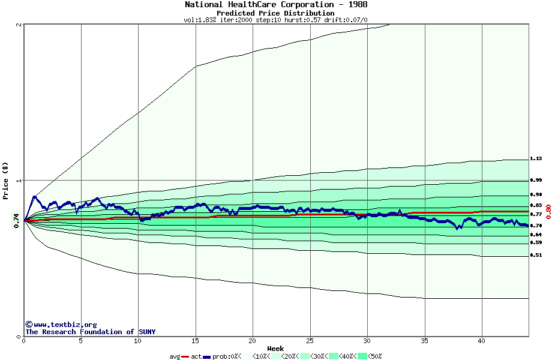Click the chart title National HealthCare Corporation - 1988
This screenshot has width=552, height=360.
coord(276,4)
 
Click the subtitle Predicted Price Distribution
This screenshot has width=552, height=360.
coord(275,13)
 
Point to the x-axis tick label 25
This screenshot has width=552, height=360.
coord(310,340)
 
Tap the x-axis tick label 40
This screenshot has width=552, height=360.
coord(481,340)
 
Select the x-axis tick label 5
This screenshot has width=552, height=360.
coord(81,340)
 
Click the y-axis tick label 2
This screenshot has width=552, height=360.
coord(19,25)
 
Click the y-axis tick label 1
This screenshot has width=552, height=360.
coord(19,181)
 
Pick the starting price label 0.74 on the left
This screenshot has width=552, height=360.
coord(16,221)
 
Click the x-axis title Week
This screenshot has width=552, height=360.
coord(275,348)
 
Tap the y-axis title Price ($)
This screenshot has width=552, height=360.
coord(6,181)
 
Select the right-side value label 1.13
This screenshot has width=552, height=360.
coord(536,159)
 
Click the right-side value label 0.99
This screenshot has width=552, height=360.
coord(536,180)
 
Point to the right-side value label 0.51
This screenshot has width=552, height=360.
coord(536,255)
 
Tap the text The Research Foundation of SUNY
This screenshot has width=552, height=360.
coord(90,332)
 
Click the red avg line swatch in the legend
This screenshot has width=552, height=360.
coord(185,356)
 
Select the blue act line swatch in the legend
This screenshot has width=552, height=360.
coord(207,356)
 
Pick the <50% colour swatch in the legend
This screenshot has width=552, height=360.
coord(362,356)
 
